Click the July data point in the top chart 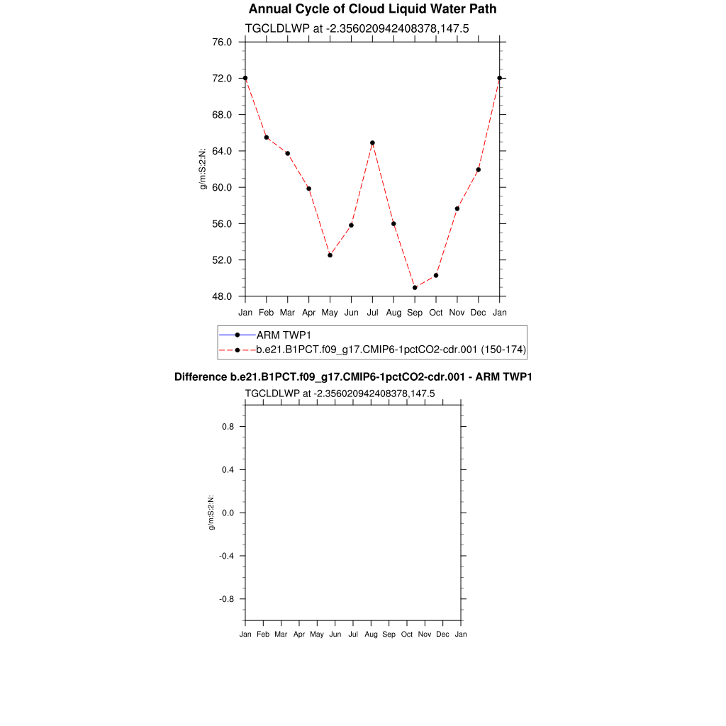pyautogui.click(x=372, y=143)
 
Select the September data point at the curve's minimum pyautogui.click(x=415, y=288)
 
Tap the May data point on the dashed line pyautogui.click(x=330, y=255)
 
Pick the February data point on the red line pyautogui.click(x=267, y=138)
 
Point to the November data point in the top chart pyautogui.click(x=457, y=208)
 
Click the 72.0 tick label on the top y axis pyautogui.click(x=222, y=78)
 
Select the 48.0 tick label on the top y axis pyautogui.click(x=222, y=296)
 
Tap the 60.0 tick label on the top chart pyautogui.click(x=222, y=187)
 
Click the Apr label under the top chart pyautogui.click(x=308, y=313)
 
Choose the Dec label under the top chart pyautogui.click(x=479, y=313)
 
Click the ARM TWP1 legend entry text pyautogui.click(x=284, y=335)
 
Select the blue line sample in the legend pyautogui.click(x=238, y=335)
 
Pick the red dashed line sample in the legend pyautogui.click(x=238, y=350)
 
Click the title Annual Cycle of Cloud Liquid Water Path pyautogui.click(x=372, y=9)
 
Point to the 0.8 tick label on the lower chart pyautogui.click(x=228, y=427)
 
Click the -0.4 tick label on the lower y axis pyautogui.click(x=226, y=556)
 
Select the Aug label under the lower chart pyautogui.click(x=371, y=634)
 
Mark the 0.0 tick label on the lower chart pyautogui.click(x=228, y=513)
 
